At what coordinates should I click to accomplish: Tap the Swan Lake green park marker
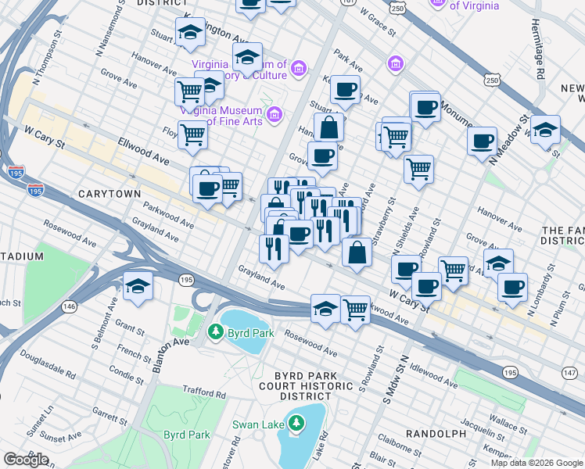[296, 424]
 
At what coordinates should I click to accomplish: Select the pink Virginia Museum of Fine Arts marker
[274, 116]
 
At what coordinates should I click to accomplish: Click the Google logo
[26, 460]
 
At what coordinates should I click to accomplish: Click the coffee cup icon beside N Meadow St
[483, 141]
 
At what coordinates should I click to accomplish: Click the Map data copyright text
[537, 463]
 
